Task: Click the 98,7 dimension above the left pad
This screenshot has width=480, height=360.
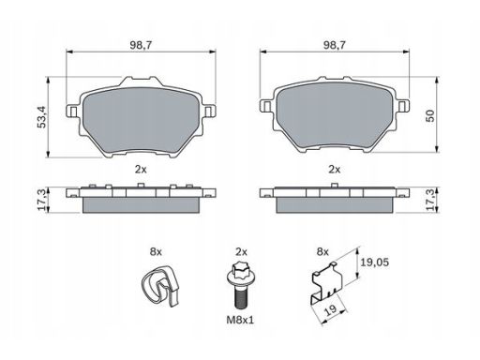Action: (141, 45)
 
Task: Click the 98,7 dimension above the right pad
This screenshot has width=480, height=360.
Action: (335, 45)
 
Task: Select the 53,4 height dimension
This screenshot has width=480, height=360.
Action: (41, 117)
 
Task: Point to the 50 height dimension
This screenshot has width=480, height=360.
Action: (430, 115)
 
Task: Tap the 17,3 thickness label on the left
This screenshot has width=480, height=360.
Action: (43, 200)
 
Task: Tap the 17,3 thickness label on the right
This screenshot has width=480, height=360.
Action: (430, 200)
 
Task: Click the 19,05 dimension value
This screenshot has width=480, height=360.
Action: (375, 262)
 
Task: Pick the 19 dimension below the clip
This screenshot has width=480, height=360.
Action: (331, 309)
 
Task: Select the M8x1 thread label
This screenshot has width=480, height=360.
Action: (240, 320)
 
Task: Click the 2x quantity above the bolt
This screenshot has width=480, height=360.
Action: (241, 251)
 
